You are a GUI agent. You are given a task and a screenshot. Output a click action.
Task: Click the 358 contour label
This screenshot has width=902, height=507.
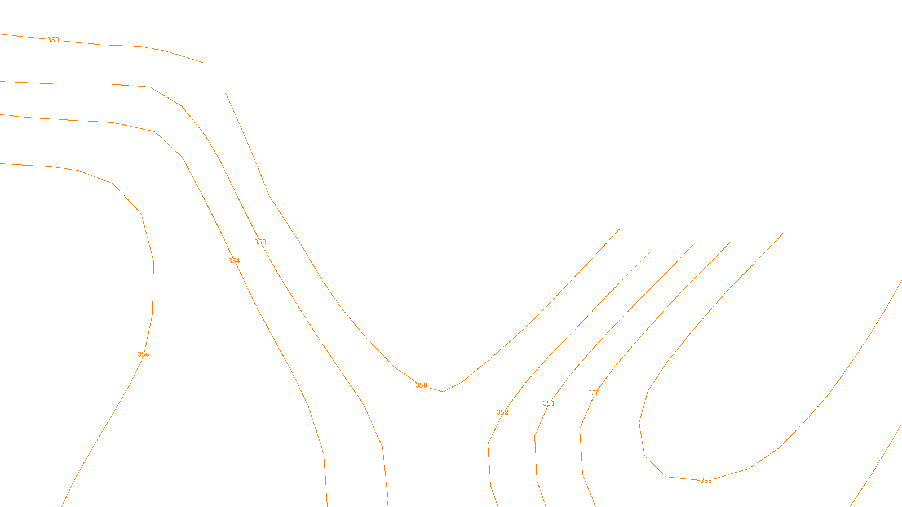(706, 481)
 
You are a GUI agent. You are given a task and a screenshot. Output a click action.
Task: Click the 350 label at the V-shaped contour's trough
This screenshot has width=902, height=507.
(421, 385)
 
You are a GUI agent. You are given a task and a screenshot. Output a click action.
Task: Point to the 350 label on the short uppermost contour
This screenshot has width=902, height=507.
(53, 40)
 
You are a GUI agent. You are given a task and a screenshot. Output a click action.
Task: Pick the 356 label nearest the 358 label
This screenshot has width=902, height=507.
(594, 393)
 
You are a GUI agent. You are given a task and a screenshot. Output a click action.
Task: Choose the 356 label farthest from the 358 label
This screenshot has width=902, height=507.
(144, 354)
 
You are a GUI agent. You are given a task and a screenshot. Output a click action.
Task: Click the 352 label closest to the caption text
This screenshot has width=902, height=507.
(502, 412)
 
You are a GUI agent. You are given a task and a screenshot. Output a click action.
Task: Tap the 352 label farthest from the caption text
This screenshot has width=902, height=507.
(260, 242)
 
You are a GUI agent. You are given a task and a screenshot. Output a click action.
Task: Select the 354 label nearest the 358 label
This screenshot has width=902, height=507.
(549, 403)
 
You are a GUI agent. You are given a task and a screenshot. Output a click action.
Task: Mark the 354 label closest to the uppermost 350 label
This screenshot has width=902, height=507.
(234, 261)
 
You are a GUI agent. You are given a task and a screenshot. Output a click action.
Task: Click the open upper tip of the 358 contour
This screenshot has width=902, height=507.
(784, 233)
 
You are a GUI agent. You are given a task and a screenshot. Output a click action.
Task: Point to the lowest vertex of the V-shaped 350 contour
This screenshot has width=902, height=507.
(443, 392)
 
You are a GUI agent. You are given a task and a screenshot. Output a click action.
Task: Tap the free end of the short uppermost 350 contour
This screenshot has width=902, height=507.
(204, 63)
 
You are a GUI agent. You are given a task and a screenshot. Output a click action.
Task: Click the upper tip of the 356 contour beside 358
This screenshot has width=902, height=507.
(732, 241)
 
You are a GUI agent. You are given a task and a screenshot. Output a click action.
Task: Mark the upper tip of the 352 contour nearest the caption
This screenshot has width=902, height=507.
(651, 251)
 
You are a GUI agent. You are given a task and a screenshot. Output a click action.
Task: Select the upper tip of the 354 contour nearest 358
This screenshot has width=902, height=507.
(692, 246)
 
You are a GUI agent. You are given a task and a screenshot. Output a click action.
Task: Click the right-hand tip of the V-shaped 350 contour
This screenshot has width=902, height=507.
(621, 228)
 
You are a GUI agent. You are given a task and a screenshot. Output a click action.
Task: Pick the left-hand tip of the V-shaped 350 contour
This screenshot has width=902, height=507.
(225, 92)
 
